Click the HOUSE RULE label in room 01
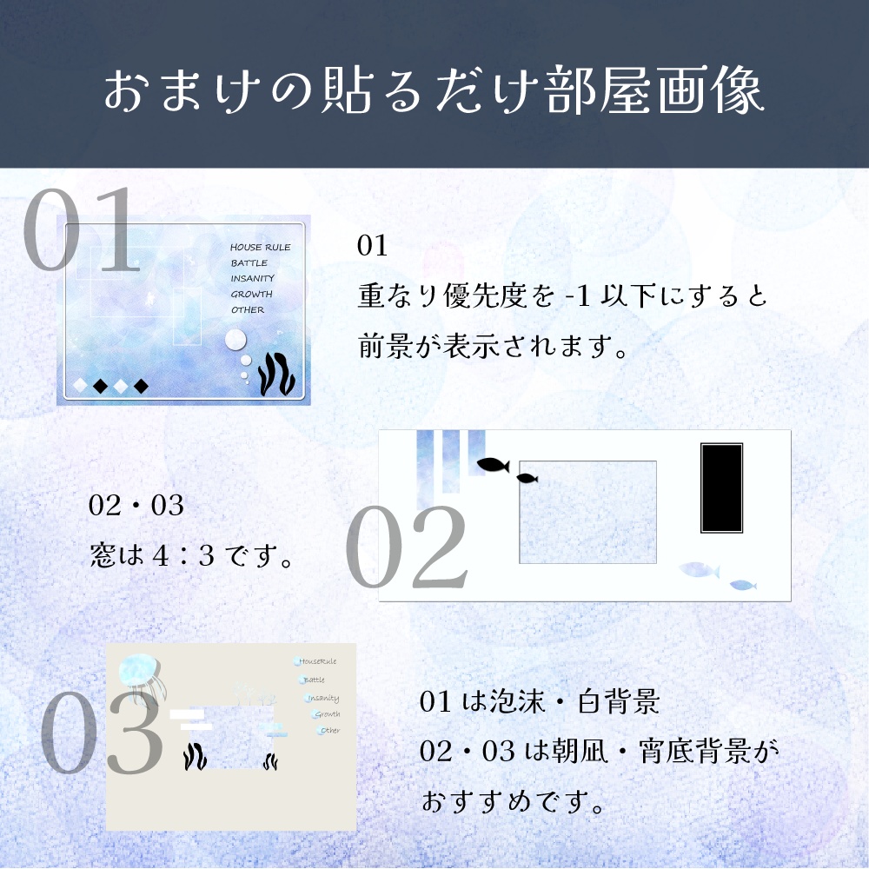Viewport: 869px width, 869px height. (x=260, y=248)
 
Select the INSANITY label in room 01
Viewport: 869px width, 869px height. (x=252, y=279)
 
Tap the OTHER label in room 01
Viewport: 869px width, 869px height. (x=248, y=310)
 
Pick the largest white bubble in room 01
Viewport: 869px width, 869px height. (x=235, y=340)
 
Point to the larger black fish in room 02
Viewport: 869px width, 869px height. (x=492, y=465)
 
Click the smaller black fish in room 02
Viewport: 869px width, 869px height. (x=527, y=478)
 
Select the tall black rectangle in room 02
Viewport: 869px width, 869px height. (x=721, y=488)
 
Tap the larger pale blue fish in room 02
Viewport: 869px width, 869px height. (x=700, y=570)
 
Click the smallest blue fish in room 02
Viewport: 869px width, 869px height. (x=743, y=585)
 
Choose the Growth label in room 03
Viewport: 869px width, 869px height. (x=327, y=714)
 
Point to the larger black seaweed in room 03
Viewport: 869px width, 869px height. (x=195, y=756)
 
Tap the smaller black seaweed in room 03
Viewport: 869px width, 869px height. (x=270, y=762)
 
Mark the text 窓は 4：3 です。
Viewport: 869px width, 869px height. (x=189, y=554)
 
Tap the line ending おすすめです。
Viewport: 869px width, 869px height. (x=513, y=800)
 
